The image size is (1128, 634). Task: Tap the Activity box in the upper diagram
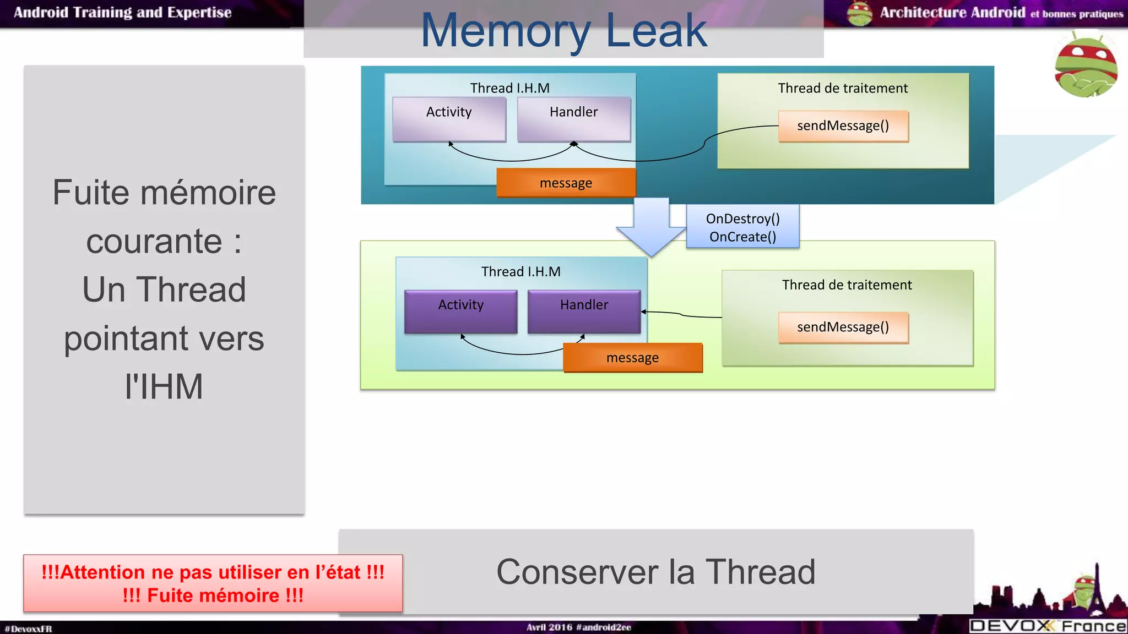click(449, 119)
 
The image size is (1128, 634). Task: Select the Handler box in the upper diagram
click(573, 119)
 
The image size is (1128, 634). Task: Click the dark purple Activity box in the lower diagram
click(460, 311)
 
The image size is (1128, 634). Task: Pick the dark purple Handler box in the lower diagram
click(584, 311)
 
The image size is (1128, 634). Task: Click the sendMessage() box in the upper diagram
click(843, 126)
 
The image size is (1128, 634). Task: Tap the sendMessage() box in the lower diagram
click(843, 327)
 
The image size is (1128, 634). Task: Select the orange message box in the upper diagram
click(566, 183)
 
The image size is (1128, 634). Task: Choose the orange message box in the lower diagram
click(632, 358)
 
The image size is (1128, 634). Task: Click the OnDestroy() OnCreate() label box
click(742, 227)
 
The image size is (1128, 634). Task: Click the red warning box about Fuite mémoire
click(213, 583)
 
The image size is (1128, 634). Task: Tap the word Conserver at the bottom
click(577, 572)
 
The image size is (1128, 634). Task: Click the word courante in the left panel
click(154, 241)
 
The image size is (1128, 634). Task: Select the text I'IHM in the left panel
click(164, 386)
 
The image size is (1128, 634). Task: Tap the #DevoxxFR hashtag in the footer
click(28, 628)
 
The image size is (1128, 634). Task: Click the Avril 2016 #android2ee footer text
click(578, 627)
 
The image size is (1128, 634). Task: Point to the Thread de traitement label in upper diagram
click(842, 88)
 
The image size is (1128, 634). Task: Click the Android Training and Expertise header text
click(122, 13)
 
